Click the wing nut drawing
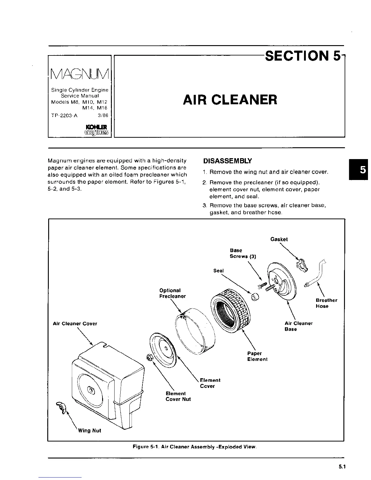click(60, 406)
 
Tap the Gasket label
click(279, 239)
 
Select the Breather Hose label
click(326, 303)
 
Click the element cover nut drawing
click(149, 358)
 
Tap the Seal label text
click(219, 271)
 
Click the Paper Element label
click(257, 356)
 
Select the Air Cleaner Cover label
click(75, 324)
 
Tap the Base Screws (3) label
click(243, 253)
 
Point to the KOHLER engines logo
click(94, 129)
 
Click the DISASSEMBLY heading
click(227, 161)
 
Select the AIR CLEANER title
click(230, 100)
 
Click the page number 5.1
click(342, 467)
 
